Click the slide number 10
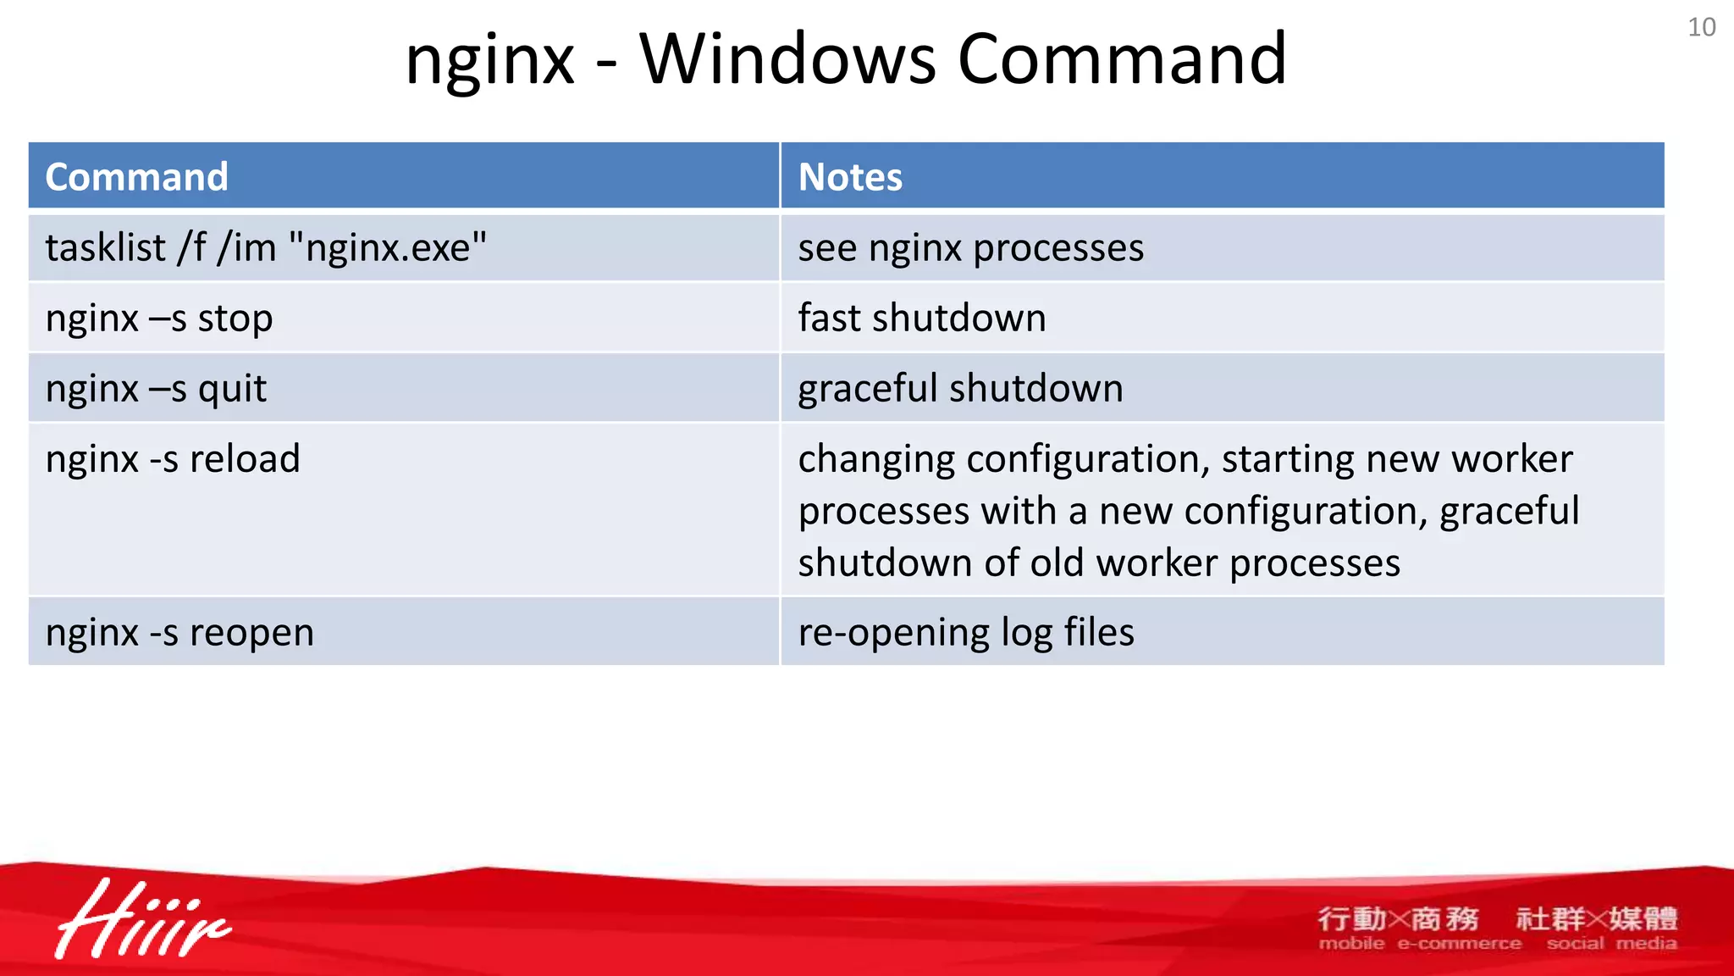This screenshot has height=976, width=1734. tap(1701, 27)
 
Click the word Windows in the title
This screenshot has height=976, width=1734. tap(787, 59)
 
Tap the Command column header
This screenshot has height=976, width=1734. tap(136, 177)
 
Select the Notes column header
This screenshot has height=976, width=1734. tap(850, 177)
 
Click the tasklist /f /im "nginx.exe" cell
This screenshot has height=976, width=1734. tap(266, 248)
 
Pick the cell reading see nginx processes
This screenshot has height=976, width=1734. tap(970, 248)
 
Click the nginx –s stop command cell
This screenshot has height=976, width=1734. tap(159, 319)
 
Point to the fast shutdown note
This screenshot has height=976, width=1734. tap(921, 319)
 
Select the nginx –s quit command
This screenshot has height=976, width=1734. tap(156, 389)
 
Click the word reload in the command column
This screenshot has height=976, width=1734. tap(245, 459)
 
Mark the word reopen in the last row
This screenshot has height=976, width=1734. tap(251, 633)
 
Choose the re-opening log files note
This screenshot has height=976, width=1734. tap(965, 633)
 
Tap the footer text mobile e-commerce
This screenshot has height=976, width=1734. tap(1419, 944)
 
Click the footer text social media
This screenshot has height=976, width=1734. tap(1610, 944)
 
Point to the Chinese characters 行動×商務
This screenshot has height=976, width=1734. tap(1397, 918)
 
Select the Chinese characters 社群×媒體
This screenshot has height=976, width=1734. tap(1596, 918)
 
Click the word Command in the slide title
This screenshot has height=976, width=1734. tap(1122, 59)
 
